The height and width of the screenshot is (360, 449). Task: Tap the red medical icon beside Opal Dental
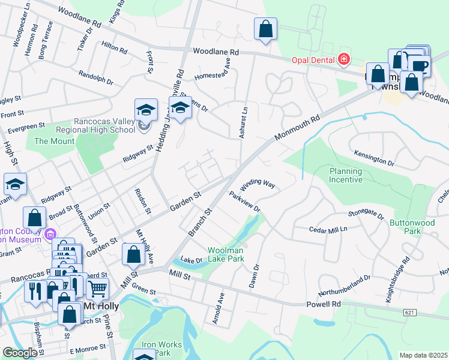(x=343, y=59)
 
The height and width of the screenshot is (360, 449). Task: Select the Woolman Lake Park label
(x=226, y=254)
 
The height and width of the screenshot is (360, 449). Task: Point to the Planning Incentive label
(x=346, y=175)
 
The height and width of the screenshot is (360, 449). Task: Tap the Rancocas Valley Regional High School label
(x=103, y=125)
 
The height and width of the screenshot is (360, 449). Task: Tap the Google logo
(x=20, y=353)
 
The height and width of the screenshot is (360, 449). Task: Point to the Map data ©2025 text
(x=423, y=355)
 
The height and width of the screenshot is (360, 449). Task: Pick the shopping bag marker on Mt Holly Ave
(x=133, y=254)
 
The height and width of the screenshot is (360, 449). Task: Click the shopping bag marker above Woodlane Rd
(x=265, y=28)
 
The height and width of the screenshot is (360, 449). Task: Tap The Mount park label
(x=54, y=142)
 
